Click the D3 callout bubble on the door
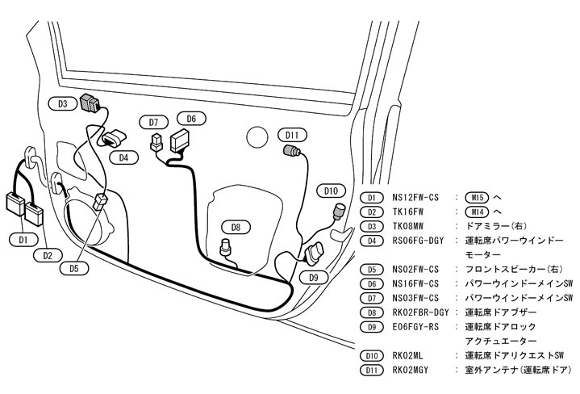62,103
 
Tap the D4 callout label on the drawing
123,157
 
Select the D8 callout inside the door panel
236,227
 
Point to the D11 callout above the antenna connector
291,134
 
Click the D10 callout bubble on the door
330,191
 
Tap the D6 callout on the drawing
190,119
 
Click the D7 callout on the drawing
152,123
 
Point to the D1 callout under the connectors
23,240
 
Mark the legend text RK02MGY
411,369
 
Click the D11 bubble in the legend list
371,369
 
